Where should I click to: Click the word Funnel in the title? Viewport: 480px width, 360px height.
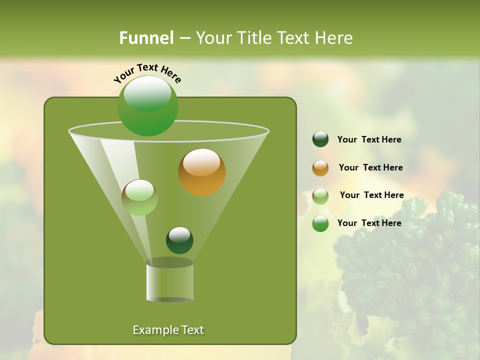coord(146,38)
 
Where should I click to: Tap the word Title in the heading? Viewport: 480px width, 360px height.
coord(253,38)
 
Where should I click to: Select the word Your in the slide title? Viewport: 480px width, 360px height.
coord(214,38)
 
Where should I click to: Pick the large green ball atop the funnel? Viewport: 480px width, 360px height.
coord(147,105)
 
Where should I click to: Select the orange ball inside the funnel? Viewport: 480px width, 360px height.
coord(202,172)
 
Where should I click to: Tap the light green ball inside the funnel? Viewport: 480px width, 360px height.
coord(140,197)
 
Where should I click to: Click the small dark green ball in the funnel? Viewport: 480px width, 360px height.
coord(179,240)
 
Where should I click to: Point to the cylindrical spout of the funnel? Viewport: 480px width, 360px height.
coord(169,281)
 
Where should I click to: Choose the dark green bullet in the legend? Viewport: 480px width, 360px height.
coord(320,139)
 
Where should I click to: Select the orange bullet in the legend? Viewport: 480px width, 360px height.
coord(320,168)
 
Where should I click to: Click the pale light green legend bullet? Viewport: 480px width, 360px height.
coord(320,196)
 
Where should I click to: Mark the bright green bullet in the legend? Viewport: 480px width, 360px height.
coord(320,223)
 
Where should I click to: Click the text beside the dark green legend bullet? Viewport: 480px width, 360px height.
coord(369,140)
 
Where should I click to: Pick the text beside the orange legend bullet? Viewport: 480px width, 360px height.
coord(370,168)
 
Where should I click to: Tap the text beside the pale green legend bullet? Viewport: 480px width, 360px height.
coord(371,195)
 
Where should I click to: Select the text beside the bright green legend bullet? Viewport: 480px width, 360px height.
coord(369,223)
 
